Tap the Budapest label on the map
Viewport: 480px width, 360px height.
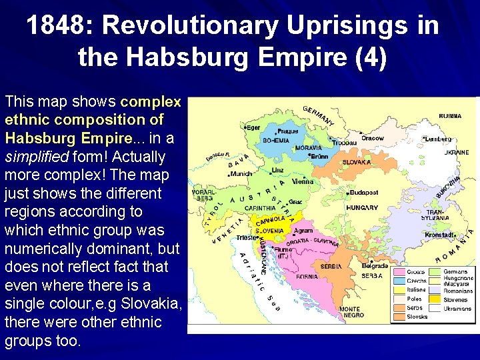[x=364, y=192]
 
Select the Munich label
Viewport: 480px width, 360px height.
[x=241, y=174]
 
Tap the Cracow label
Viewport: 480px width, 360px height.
[x=373, y=139]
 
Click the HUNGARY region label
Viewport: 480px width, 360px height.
[x=363, y=208]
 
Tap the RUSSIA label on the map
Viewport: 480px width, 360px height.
[x=450, y=116]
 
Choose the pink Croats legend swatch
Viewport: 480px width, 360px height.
[x=398, y=272]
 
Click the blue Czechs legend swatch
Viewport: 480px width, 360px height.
[x=398, y=281]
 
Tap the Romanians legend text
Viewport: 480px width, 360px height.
[x=459, y=291]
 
